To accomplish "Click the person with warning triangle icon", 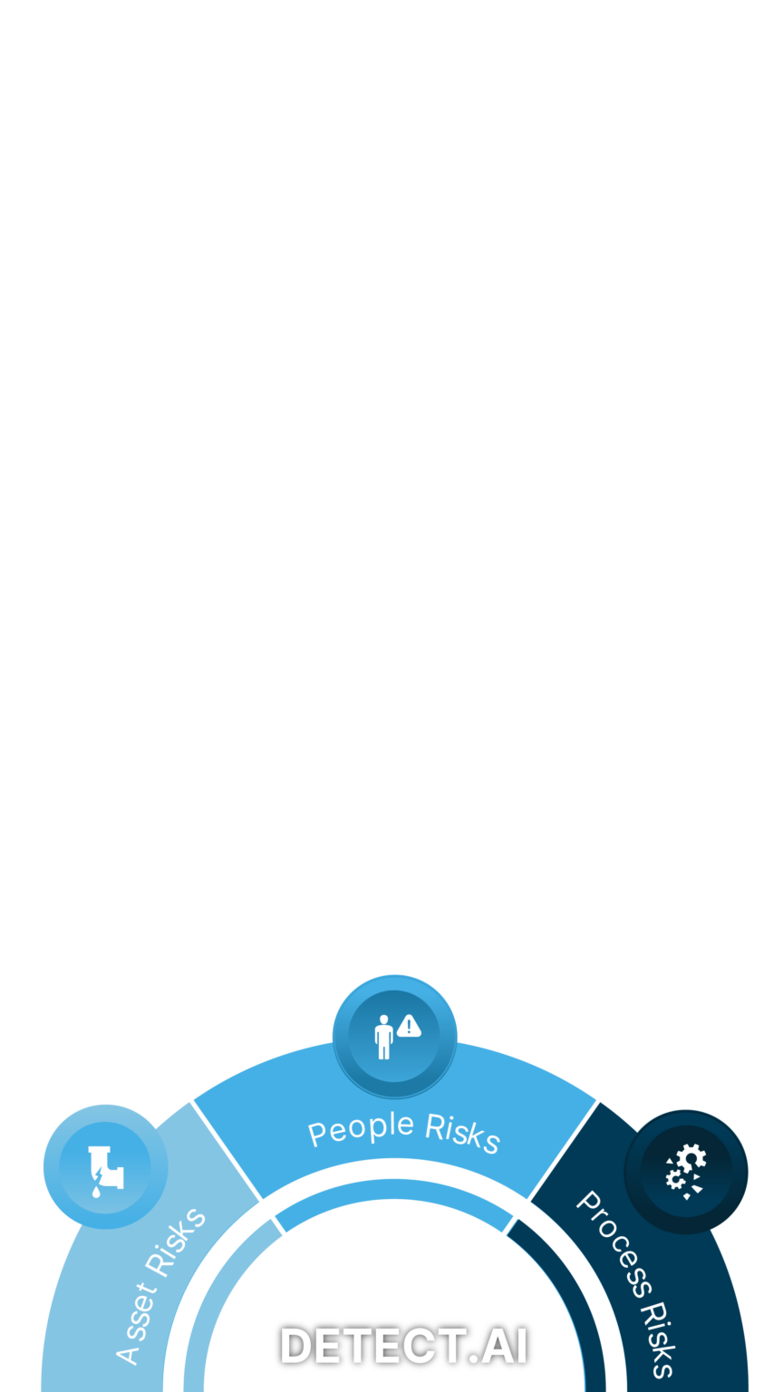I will click(x=395, y=1034).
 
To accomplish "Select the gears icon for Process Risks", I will click(x=686, y=1172).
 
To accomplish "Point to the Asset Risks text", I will click(x=161, y=1285).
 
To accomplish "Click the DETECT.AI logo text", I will click(x=403, y=1346).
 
